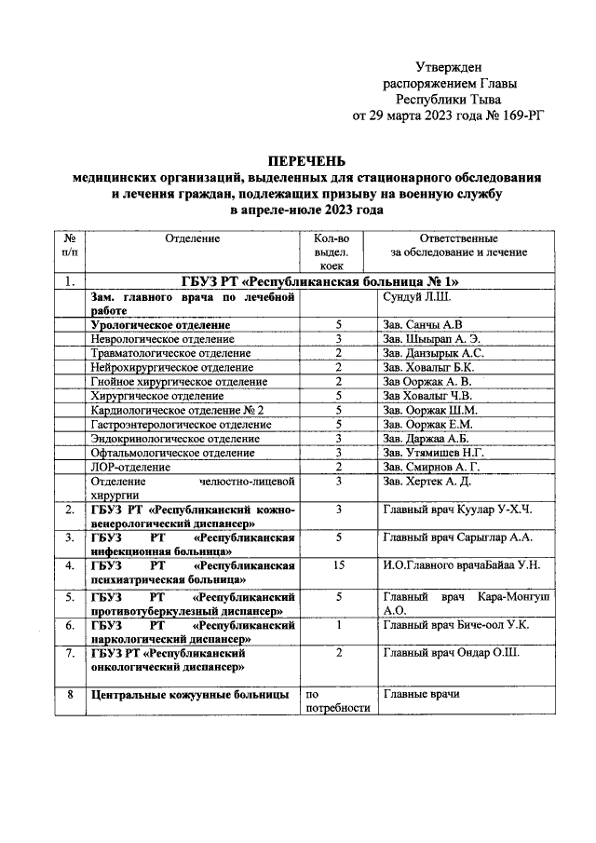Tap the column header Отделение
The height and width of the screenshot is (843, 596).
pyautogui.click(x=192, y=238)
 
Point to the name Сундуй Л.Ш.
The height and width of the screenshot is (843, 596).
pyautogui.click(x=416, y=297)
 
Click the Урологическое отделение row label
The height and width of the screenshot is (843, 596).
pyautogui.click(x=160, y=324)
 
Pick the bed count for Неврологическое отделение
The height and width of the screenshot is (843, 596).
pyautogui.click(x=339, y=339)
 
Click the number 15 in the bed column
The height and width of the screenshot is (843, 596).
pyautogui.click(x=339, y=565)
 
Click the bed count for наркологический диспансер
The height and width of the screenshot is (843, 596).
pyautogui.click(x=339, y=624)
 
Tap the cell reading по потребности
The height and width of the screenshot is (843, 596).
pyautogui.click(x=338, y=700)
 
